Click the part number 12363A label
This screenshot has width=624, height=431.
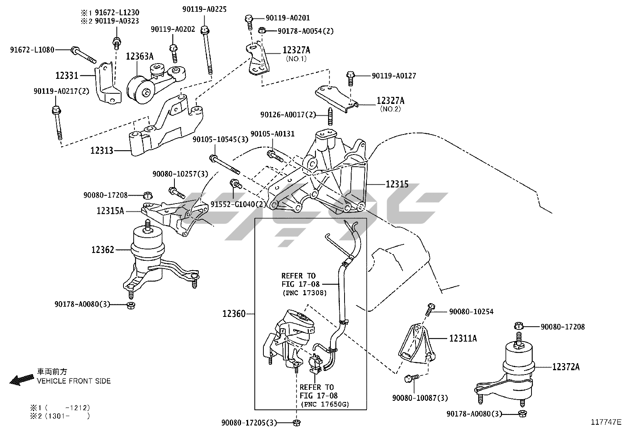pyautogui.click(x=140, y=56)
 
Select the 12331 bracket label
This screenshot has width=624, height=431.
pyautogui.click(x=67, y=75)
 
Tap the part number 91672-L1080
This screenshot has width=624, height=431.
pyautogui.click(x=32, y=50)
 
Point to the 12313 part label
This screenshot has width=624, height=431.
pyautogui.click(x=102, y=150)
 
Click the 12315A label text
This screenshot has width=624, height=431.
pyautogui.click(x=110, y=211)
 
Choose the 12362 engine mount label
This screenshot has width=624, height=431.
pyautogui.click(x=103, y=249)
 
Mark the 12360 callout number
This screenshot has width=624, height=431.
pyautogui.click(x=234, y=314)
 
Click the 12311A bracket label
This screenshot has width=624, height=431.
pyautogui.click(x=463, y=338)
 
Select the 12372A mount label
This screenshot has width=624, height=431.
pyautogui.click(x=566, y=367)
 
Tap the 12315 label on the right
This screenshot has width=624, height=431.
pyautogui.click(x=397, y=184)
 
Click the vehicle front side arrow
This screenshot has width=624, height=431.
pyautogui.click(x=22, y=380)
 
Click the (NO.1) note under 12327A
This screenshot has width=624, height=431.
pyautogui.click(x=296, y=59)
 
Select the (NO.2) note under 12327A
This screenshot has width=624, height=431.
pyautogui.click(x=390, y=109)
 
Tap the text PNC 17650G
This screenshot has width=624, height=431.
pyautogui.click(x=325, y=404)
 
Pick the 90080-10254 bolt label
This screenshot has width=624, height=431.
pyautogui.click(x=471, y=312)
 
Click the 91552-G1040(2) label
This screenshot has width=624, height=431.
pyautogui.click(x=238, y=204)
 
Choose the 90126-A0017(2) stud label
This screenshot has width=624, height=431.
pyautogui.click(x=288, y=115)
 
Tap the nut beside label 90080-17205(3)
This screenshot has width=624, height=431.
pyautogui.click(x=297, y=422)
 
